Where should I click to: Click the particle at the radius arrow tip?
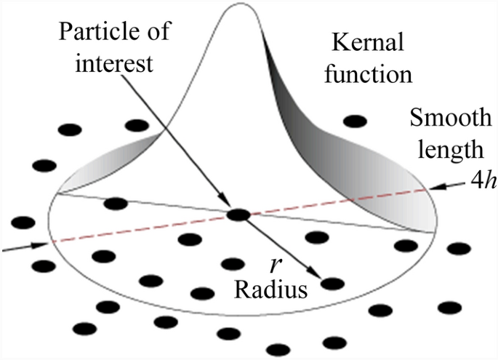[332, 284]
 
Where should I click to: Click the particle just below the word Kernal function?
[355, 121]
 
